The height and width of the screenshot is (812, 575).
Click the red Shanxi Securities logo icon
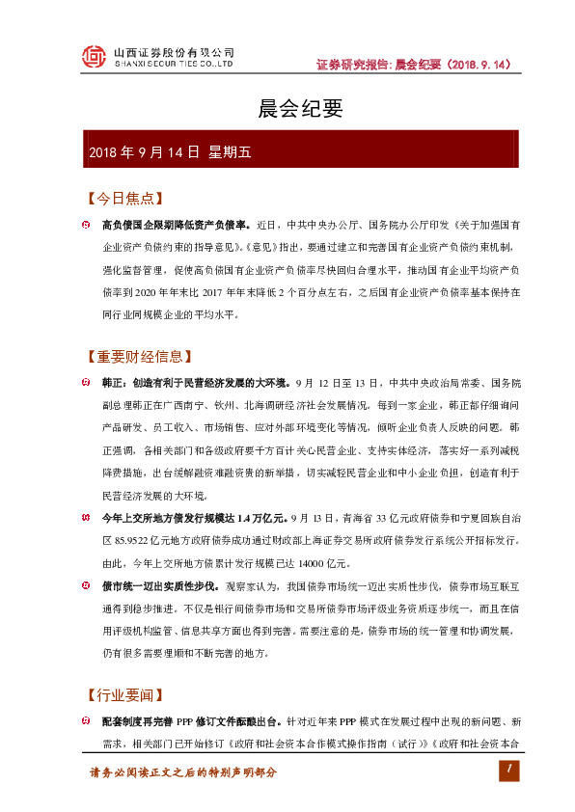pyautogui.click(x=93, y=57)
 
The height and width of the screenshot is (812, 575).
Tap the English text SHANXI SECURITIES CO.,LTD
pyautogui.click(x=174, y=65)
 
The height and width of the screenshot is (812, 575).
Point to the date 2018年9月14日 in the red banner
pyautogui.click(x=144, y=152)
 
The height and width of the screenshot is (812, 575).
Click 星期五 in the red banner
pyautogui.click(x=230, y=152)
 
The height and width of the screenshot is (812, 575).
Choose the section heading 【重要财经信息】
pyautogui.click(x=136, y=357)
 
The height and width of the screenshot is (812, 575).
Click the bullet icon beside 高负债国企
pyautogui.click(x=85, y=225)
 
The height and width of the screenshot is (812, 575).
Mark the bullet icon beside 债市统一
pyautogui.click(x=85, y=585)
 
